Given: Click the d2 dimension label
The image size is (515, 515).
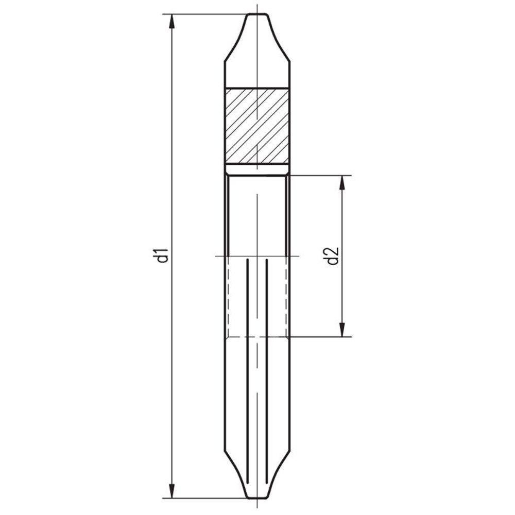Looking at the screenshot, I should click(x=332, y=256).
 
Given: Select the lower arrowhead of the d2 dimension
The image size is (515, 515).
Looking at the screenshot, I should click(x=341, y=330).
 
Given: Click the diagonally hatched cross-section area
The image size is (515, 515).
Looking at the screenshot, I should click(x=256, y=126).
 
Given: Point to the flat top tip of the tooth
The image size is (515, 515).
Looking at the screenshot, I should click(x=256, y=14).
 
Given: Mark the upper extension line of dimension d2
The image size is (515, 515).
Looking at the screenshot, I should click(x=319, y=175).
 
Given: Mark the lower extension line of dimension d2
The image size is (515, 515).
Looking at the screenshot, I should click(x=319, y=337).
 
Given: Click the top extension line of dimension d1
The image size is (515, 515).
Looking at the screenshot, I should click(x=206, y=14).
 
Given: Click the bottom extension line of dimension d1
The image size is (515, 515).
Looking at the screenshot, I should click(x=206, y=499).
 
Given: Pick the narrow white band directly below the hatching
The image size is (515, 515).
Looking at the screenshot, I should click(x=256, y=169).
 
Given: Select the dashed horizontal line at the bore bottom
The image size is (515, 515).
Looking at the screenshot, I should click(x=256, y=337).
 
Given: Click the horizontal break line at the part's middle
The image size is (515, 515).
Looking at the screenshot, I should click(x=256, y=255).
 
